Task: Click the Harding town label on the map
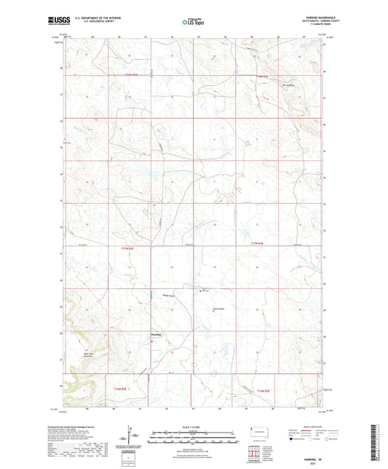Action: (x=154, y=334)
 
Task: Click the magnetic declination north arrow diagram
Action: (x=132, y=439)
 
